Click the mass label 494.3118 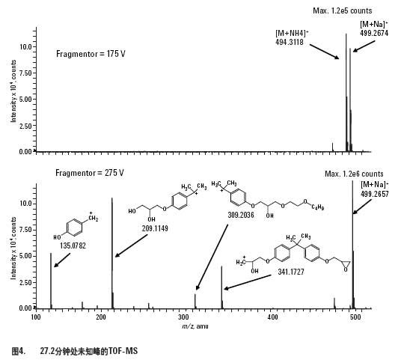pos(290,42)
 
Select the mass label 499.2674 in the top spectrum pos(374,33)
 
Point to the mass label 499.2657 pos(374,194)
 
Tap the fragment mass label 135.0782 pos(73,245)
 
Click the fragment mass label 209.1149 pos(155,228)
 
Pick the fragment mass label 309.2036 pos(241,215)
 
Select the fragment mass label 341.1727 pos(291,272)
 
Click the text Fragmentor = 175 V pos(91,54)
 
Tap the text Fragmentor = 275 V pos(90,173)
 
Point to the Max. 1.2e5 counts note pos(343,10)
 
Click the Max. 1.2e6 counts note pos(354,174)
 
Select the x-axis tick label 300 pos(183,317)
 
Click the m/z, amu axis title pos(195,326)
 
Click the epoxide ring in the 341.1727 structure pos(345,264)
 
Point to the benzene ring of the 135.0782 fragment pos(74,227)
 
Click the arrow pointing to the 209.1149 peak pos(131,246)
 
